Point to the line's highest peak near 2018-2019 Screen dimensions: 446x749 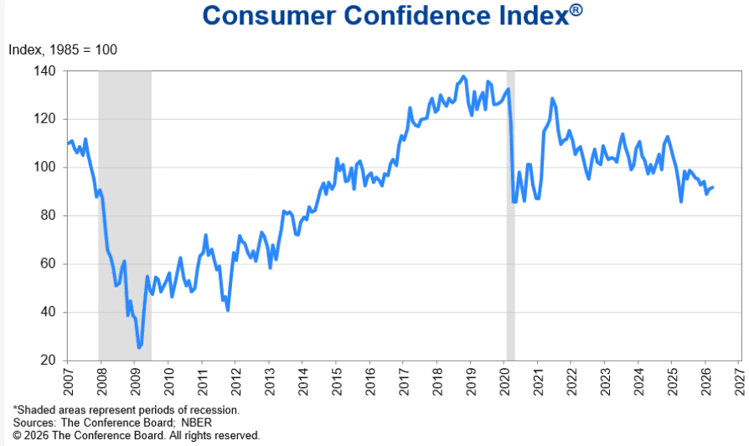[464, 77]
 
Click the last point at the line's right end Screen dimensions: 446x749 [713, 187]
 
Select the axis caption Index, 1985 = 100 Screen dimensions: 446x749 [63, 49]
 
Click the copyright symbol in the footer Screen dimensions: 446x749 [17, 436]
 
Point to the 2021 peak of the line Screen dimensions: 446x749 [552, 98]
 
